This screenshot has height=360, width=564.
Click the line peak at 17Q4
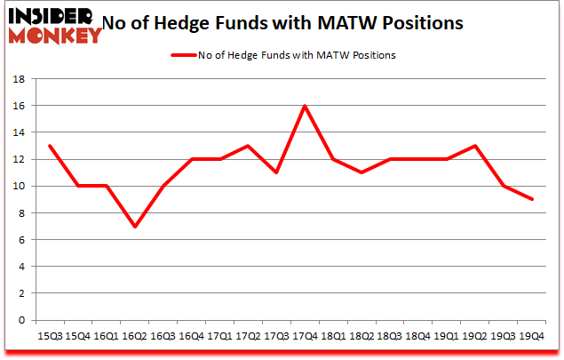[305, 106]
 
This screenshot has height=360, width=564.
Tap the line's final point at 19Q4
[533, 199]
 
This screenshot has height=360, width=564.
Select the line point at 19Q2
[476, 146]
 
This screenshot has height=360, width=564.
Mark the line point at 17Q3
[276, 172]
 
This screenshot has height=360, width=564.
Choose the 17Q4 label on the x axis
[305, 337]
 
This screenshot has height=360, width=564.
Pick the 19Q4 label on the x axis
[533, 337]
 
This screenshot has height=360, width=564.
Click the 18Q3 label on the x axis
[390, 337]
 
